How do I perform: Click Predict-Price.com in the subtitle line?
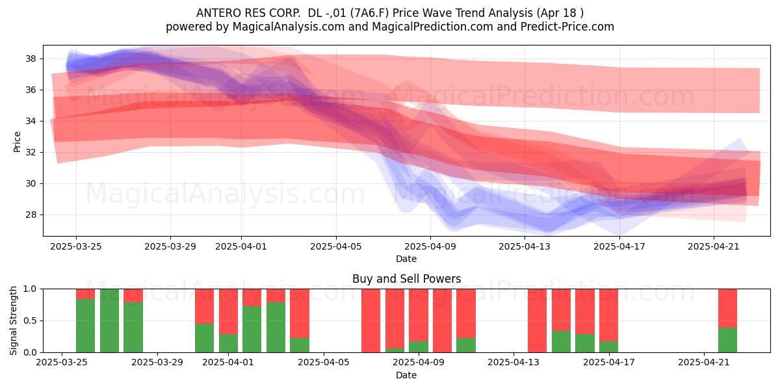tap(567, 27)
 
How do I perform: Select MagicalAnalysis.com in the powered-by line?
tap(289, 27)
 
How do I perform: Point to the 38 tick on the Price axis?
tap(31, 58)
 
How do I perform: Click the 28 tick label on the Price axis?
tap(31, 214)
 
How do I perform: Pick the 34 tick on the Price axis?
tap(31, 121)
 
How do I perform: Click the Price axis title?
tap(17, 142)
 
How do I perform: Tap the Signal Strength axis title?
tap(13, 320)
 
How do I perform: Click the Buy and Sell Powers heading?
tap(406, 279)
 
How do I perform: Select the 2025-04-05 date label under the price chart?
tap(336, 246)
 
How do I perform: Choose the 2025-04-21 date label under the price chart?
tap(714, 246)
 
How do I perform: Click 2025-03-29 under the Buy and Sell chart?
tap(157, 362)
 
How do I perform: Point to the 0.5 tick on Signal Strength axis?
tap(30, 320)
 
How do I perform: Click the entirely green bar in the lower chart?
tap(109, 320)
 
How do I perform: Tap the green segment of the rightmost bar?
tap(727, 340)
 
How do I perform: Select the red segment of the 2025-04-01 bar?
tap(228, 311)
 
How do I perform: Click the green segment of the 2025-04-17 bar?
tap(608, 347)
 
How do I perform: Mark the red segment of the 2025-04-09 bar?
tap(419, 315)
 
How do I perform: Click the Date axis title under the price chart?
tap(406, 259)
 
